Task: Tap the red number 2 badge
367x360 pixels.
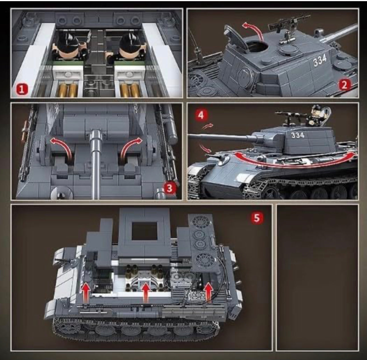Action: tap(345, 85)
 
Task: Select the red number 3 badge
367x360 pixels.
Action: tap(169, 188)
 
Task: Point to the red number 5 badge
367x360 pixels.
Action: tap(257, 218)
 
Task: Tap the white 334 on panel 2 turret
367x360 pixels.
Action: tap(320, 60)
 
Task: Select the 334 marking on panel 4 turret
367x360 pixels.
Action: tap(298, 135)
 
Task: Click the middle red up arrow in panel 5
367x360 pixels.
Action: tap(146, 292)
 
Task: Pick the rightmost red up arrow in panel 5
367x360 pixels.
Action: tap(209, 292)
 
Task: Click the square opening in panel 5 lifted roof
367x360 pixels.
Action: tap(145, 231)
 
